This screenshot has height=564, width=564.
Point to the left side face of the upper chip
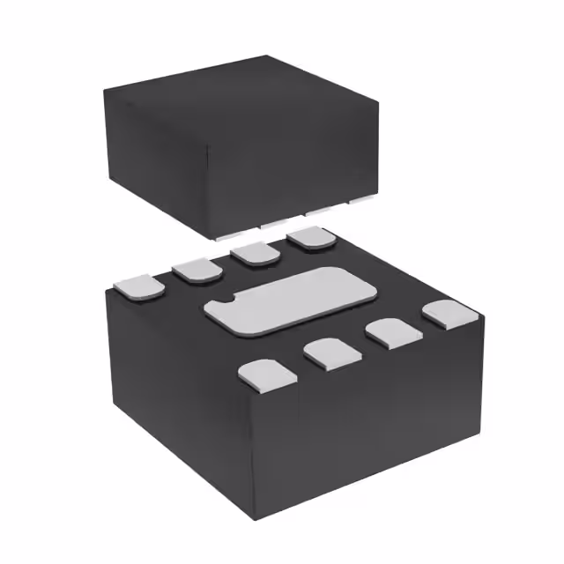click(x=159, y=167)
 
